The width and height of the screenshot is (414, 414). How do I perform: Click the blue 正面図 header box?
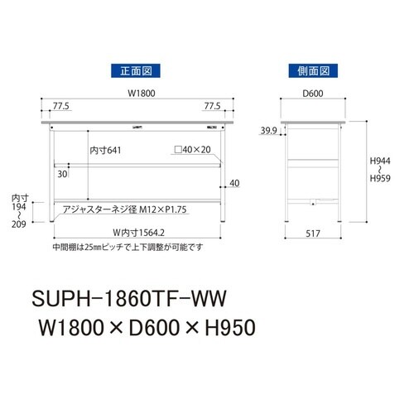[132, 71]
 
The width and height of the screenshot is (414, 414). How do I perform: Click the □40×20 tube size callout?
[193, 151]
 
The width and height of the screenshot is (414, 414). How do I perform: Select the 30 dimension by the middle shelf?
[62, 175]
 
